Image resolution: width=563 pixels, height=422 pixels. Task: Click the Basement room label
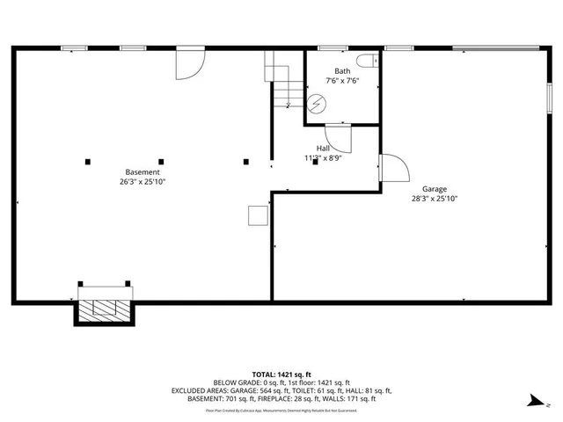pos(143,172)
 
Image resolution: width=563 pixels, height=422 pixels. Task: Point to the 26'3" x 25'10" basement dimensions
pos(143,182)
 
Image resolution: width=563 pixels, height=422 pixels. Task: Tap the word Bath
pos(342,71)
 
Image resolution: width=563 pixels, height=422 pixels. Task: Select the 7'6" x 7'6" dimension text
pos(342,81)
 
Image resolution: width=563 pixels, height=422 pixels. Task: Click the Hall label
pos(324,149)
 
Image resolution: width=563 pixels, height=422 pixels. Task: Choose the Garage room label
pos(435,189)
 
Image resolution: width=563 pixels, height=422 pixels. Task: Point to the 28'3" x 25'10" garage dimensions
pos(435,199)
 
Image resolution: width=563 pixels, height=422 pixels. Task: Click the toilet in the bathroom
pos(374,61)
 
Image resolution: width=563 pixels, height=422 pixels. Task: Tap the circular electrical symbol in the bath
pos(317,105)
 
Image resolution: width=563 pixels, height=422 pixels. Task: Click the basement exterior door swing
pos(191,63)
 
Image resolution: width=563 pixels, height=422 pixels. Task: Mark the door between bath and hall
pos(339,137)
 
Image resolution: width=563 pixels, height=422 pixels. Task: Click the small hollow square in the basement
pos(257,215)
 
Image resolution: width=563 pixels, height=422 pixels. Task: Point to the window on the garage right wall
pos(551,95)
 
